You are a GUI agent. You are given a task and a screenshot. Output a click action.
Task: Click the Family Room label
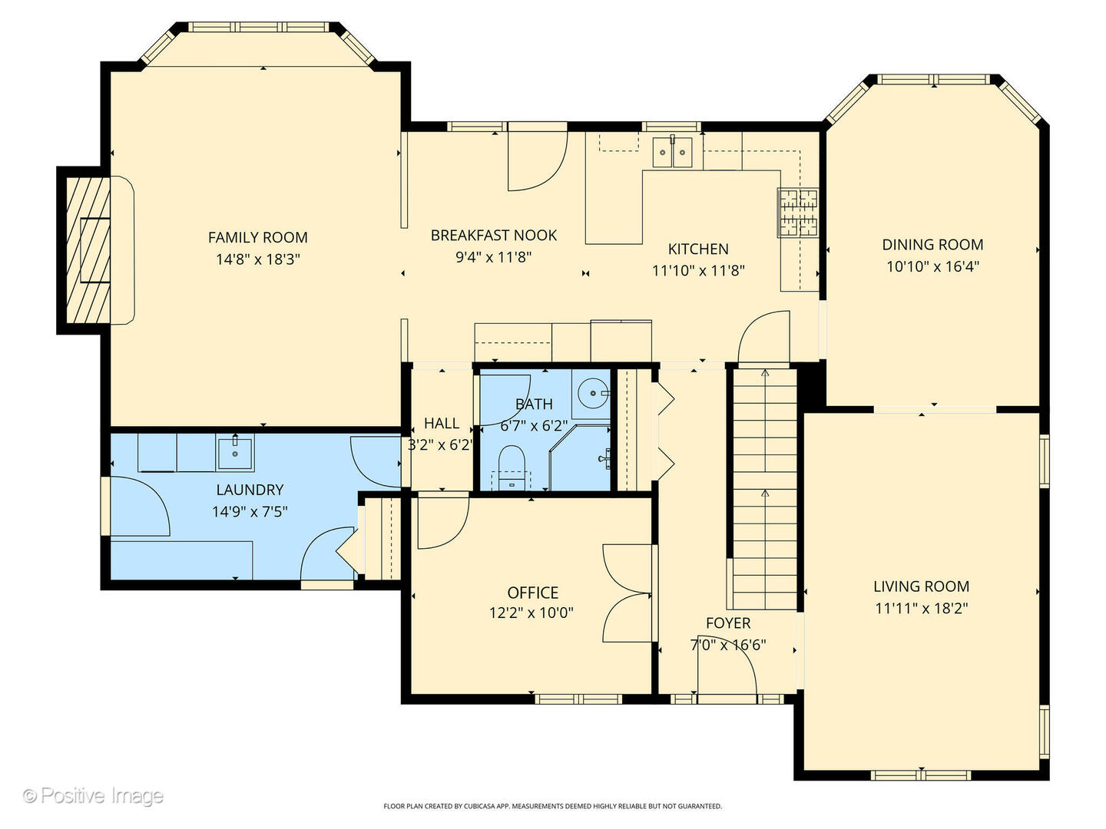click(257, 237)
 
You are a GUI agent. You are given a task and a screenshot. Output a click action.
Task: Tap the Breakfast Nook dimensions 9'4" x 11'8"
click(493, 257)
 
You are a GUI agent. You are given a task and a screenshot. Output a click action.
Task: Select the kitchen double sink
click(672, 151)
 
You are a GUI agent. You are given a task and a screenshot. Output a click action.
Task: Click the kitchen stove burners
click(798, 213)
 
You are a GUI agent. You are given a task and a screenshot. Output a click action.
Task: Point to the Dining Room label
click(932, 245)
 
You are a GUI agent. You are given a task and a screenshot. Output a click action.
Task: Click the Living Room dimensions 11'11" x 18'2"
click(921, 609)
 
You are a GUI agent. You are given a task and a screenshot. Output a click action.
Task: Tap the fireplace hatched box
click(88, 250)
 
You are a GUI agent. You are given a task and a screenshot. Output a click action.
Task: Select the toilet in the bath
click(512, 467)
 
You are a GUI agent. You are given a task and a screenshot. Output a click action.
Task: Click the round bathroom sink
click(593, 392)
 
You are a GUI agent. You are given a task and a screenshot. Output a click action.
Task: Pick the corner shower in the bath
click(580, 457)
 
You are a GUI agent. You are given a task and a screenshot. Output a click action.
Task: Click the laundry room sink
click(235, 453)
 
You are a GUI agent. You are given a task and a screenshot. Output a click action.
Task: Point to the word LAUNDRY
click(250, 490)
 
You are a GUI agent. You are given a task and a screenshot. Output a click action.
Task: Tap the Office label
click(532, 593)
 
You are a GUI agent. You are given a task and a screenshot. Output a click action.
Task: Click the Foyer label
click(728, 623)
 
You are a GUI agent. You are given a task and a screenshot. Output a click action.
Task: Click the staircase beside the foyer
click(764, 489)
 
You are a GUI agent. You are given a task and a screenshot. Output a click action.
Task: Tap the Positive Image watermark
click(93, 796)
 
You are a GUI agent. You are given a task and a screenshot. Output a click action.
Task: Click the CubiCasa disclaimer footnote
click(553, 806)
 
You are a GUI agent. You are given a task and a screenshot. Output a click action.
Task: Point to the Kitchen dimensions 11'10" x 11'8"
click(698, 271)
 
